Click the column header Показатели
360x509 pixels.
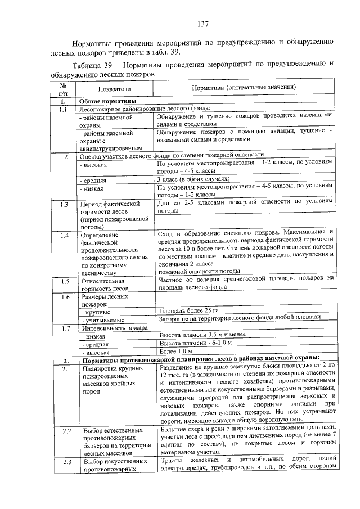point(114,88)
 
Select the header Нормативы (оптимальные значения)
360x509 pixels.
point(244,88)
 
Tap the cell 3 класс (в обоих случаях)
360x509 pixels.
point(194,179)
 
